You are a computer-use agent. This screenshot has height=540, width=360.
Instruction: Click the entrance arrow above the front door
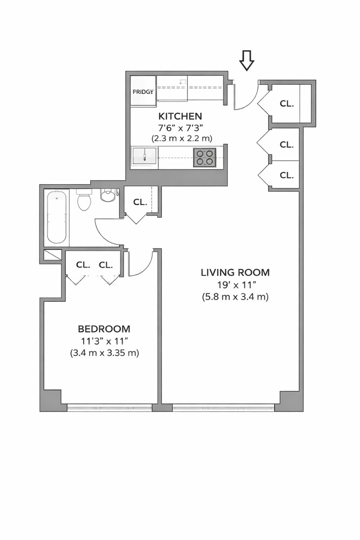click(x=247, y=60)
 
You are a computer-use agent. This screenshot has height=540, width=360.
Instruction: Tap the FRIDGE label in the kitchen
click(x=143, y=91)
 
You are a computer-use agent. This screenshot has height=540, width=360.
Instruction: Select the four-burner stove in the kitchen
click(x=205, y=157)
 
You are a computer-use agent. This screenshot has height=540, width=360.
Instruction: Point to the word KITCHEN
click(x=180, y=116)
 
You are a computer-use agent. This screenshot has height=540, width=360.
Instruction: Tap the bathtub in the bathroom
click(x=57, y=217)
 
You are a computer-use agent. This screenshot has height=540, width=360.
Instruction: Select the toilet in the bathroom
click(x=84, y=200)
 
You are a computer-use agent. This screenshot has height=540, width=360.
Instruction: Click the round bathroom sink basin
click(x=108, y=195)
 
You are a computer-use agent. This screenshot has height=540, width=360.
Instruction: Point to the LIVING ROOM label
click(x=235, y=272)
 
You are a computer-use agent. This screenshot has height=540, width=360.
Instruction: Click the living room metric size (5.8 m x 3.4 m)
click(x=235, y=296)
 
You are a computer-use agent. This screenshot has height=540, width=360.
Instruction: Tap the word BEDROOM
click(x=104, y=329)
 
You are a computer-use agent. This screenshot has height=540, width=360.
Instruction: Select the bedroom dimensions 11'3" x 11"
click(x=104, y=341)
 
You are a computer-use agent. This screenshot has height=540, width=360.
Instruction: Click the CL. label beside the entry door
click(x=286, y=103)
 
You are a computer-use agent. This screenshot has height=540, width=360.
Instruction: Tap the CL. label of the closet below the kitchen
click(x=140, y=202)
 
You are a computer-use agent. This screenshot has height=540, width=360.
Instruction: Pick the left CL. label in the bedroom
click(x=83, y=265)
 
